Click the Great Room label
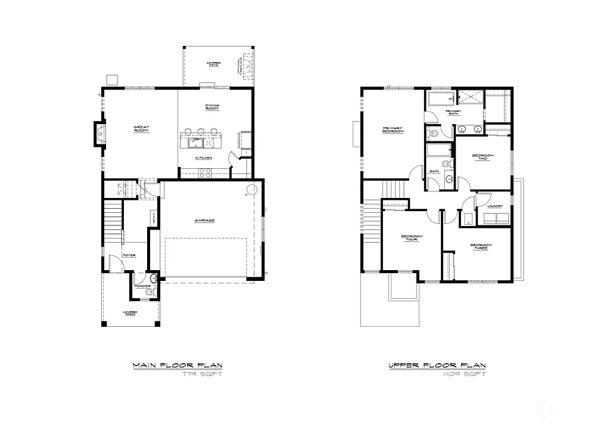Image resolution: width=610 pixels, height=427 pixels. [141, 128]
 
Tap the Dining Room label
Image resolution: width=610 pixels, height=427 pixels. [213, 107]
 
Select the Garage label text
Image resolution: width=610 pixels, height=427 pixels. [204, 221]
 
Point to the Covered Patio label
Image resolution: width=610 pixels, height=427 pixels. [213, 63]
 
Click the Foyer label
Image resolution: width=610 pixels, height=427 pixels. [129, 255]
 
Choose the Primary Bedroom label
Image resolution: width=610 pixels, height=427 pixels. [394, 129]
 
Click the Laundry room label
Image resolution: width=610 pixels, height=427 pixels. [495, 206]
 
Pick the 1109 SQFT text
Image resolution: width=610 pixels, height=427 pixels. [464, 375]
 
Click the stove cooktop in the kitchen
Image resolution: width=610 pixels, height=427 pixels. [205, 172]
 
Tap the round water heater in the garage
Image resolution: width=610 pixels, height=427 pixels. [252, 190]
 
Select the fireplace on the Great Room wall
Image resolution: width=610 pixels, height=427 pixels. [99, 134]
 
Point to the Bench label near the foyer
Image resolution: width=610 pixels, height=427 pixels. [154, 218]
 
